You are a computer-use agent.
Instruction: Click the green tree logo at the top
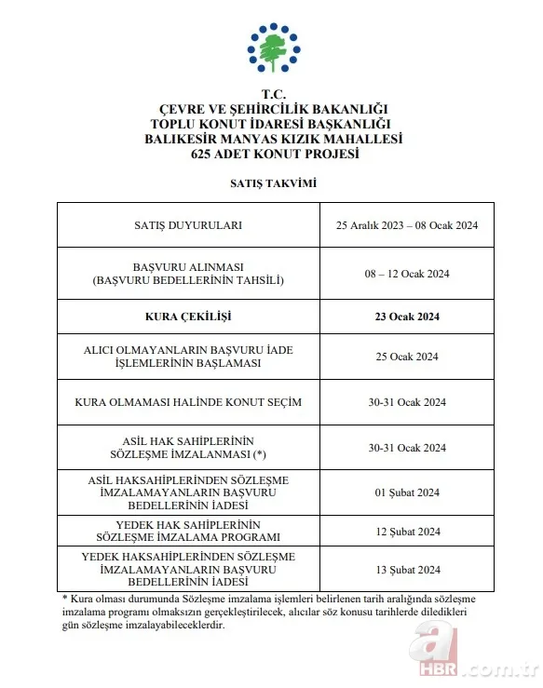[x=273, y=48]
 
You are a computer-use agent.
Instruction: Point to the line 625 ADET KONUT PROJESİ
[x=273, y=154]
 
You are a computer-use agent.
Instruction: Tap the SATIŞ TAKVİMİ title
[x=273, y=183]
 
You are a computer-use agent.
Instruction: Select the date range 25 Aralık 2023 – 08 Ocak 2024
[x=407, y=225]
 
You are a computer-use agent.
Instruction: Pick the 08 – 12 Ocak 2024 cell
[x=407, y=273]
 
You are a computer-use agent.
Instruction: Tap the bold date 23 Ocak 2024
[x=407, y=317]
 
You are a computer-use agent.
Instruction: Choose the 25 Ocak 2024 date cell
[x=407, y=357]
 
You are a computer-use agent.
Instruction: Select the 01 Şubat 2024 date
[x=407, y=492]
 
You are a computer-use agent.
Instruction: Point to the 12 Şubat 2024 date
[x=407, y=532]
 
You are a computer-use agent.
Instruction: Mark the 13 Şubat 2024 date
[x=407, y=570]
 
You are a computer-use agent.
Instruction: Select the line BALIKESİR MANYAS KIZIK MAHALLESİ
[x=273, y=140]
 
